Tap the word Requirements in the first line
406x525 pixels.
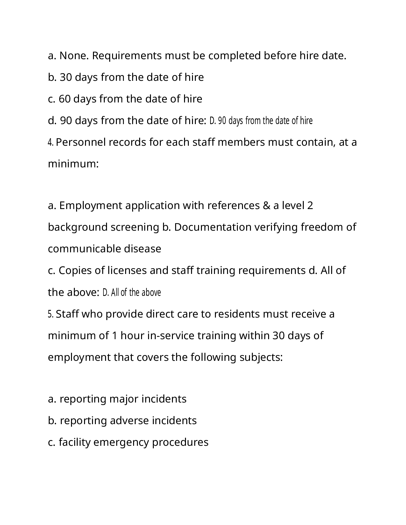pyautogui.click(x=127, y=56)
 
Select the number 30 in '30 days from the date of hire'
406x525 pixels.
pyautogui.click(x=66, y=77)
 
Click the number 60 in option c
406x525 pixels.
pyautogui.click(x=65, y=99)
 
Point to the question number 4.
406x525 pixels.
pyautogui.click(x=51, y=142)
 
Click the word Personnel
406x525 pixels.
pyautogui.click(x=81, y=142)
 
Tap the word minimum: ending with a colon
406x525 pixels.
pyautogui.click(x=73, y=164)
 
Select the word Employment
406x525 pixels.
pyautogui.click(x=91, y=206)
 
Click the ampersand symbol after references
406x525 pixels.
pyautogui.click(x=266, y=206)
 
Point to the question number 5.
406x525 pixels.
pyautogui.click(x=51, y=314)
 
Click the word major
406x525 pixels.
pyautogui.click(x=124, y=399)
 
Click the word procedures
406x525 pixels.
pyautogui.click(x=180, y=442)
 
